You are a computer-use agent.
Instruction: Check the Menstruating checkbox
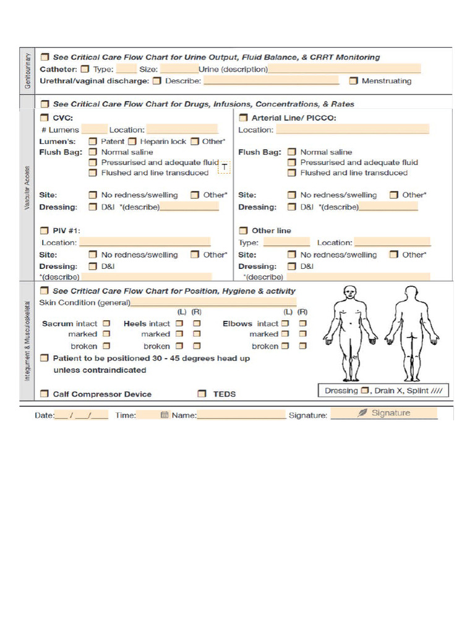(353, 80)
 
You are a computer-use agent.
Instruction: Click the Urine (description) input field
(344, 69)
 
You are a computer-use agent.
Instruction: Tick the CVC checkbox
(44, 117)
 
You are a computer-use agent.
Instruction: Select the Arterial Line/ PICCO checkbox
(243, 117)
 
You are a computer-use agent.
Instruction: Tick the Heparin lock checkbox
(132, 141)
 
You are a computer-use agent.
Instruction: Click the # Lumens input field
(94, 129)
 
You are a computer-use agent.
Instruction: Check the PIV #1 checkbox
(44, 230)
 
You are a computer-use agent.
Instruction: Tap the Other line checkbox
(243, 230)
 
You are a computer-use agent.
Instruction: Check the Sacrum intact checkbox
(106, 323)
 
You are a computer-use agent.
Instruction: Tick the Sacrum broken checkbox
(106, 346)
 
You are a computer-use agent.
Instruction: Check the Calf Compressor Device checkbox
(44, 393)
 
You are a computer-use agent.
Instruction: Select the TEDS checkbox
(202, 393)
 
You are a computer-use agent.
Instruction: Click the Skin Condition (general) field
(213, 302)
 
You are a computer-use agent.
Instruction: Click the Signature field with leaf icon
(383, 413)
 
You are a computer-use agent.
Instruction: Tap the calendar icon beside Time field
(164, 415)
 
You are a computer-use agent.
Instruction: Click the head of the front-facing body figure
(350, 292)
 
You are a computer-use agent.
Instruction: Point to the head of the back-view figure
(411, 292)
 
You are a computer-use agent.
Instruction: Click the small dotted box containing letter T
(224, 167)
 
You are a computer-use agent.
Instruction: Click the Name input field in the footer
(241, 415)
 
